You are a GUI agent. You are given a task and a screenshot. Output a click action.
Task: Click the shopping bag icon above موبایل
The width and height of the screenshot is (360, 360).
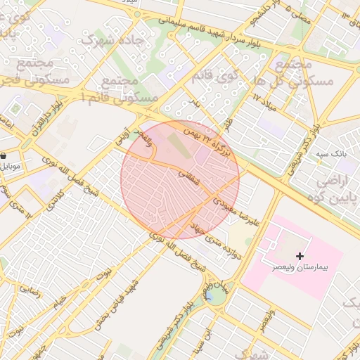click(x=4, y=156)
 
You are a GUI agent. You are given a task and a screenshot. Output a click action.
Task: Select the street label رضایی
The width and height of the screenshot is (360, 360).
click(x=29, y=287)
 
